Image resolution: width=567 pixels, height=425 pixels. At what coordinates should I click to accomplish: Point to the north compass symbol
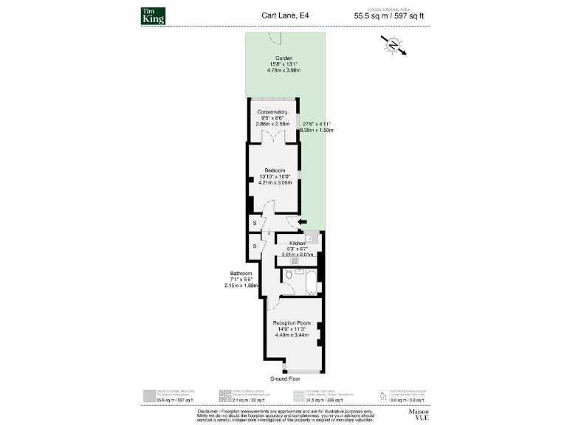pyautogui.click(x=394, y=46)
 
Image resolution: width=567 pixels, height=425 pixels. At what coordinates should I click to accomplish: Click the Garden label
pyautogui.click(x=284, y=58)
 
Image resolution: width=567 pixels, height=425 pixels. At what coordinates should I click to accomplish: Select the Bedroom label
pyautogui.click(x=274, y=170)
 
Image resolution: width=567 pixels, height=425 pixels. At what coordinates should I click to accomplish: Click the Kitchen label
pyautogui.click(x=298, y=243)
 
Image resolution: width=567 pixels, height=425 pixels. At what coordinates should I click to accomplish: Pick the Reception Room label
pyautogui.click(x=292, y=323)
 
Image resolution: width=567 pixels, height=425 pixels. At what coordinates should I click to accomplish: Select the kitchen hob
pyautogui.click(x=294, y=261)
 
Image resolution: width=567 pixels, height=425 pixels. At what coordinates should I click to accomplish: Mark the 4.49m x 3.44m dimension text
pyautogui.click(x=292, y=336)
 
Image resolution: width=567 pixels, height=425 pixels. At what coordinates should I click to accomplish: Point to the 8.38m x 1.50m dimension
pyautogui.click(x=317, y=130)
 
